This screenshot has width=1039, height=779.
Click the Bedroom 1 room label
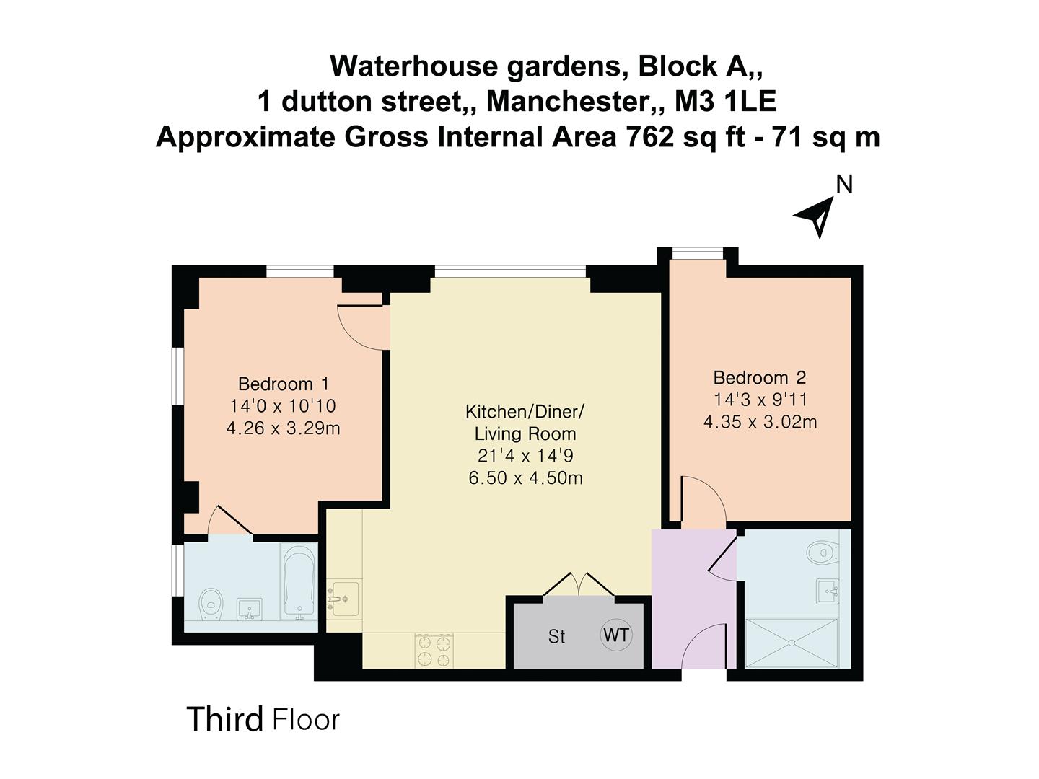click(283, 384)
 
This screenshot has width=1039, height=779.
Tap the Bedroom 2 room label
click(759, 377)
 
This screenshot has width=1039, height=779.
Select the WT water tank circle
click(616, 635)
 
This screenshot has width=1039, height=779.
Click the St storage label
click(556, 637)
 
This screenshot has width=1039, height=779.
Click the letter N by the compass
click(844, 185)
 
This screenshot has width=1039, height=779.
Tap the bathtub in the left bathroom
click(298, 581)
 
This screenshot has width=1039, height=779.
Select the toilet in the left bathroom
click(211, 605)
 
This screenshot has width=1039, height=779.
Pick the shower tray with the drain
click(792, 643)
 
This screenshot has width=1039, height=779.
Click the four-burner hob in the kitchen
click(434, 651)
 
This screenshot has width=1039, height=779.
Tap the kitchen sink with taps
click(344, 599)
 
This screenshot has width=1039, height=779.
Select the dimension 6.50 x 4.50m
click(525, 478)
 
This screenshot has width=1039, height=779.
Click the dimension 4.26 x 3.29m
click(283, 428)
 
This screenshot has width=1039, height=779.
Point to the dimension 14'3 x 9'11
click(760, 400)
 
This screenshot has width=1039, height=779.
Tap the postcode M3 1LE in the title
click(725, 102)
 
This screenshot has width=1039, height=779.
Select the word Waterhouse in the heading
click(413, 66)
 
